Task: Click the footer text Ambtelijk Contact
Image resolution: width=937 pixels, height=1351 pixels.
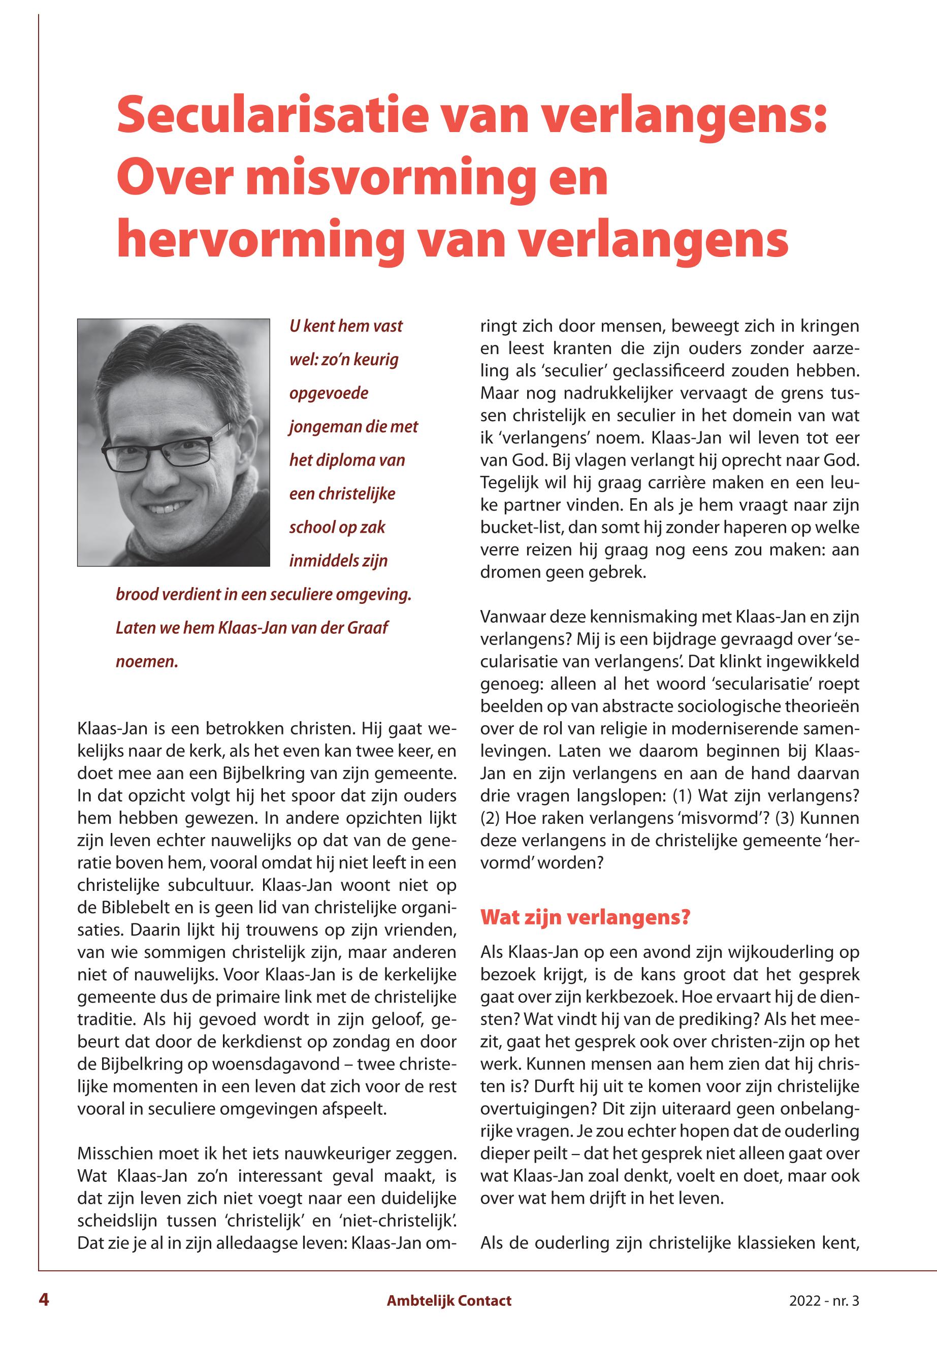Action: pos(448,1301)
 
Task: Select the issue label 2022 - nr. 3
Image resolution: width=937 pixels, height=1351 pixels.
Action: pos(824,1301)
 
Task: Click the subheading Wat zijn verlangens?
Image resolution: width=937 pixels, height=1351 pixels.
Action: pos(585,917)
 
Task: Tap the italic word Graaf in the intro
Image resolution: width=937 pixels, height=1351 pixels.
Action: pos(368,628)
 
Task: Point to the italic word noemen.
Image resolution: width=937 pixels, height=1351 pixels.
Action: pos(146,662)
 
